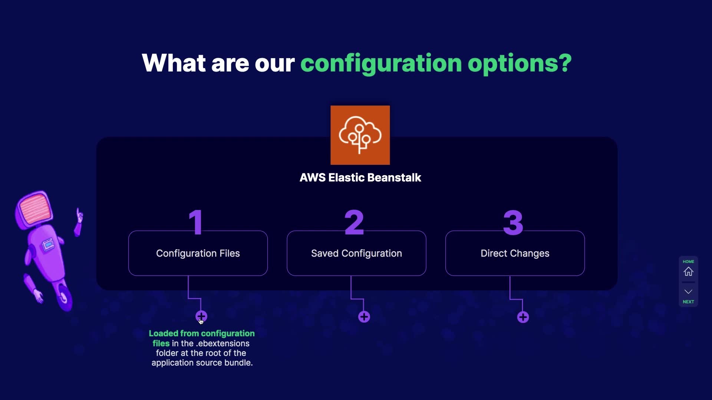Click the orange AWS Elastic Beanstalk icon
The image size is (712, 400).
click(360, 135)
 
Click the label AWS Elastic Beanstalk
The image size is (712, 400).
click(360, 178)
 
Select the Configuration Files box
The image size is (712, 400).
click(198, 253)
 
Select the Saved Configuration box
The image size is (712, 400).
click(356, 253)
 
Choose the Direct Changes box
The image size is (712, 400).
click(515, 253)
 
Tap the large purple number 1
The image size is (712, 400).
click(196, 222)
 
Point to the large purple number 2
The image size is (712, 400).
click(354, 222)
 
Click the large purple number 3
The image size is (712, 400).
click(513, 223)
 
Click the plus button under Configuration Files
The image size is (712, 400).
click(201, 316)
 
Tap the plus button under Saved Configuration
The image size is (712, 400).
click(364, 317)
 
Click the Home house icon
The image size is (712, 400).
click(688, 271)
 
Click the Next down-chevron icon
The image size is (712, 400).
click(688, 291)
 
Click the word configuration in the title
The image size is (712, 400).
click(381, 63)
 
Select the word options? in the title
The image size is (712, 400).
click(520, 63)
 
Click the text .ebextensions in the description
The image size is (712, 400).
click(222, 344)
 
